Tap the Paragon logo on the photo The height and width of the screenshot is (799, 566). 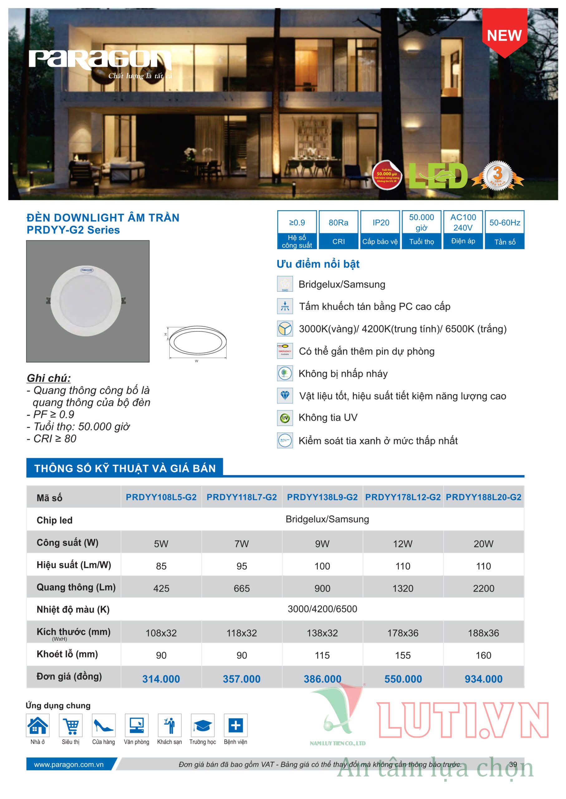click(x=100, y=60)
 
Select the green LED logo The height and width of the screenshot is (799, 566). click(x=438, y=176)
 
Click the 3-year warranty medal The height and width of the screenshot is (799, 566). click(x=497, y=176)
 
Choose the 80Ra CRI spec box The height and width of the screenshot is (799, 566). click(x=338, y=229)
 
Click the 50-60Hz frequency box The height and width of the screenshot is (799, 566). click(x=504, y=229)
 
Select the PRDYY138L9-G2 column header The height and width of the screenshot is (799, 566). click(x=322, y=497)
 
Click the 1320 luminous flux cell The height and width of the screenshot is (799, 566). click(x=403, y=588)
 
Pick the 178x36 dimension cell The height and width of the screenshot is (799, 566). click(x=403, y=633)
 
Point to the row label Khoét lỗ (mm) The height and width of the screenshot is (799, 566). click(x=67, y=654)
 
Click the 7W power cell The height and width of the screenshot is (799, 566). click(x=242, y=544)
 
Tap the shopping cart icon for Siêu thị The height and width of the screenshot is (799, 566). click(x=71, y=725)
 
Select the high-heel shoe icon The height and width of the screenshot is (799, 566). click(x=104, y=725)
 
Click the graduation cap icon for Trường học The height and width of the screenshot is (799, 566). click(x=202, y=725)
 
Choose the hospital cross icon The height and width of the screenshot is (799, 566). click(x=236, y=725)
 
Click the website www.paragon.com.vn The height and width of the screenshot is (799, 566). click(x=69, y=764)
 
